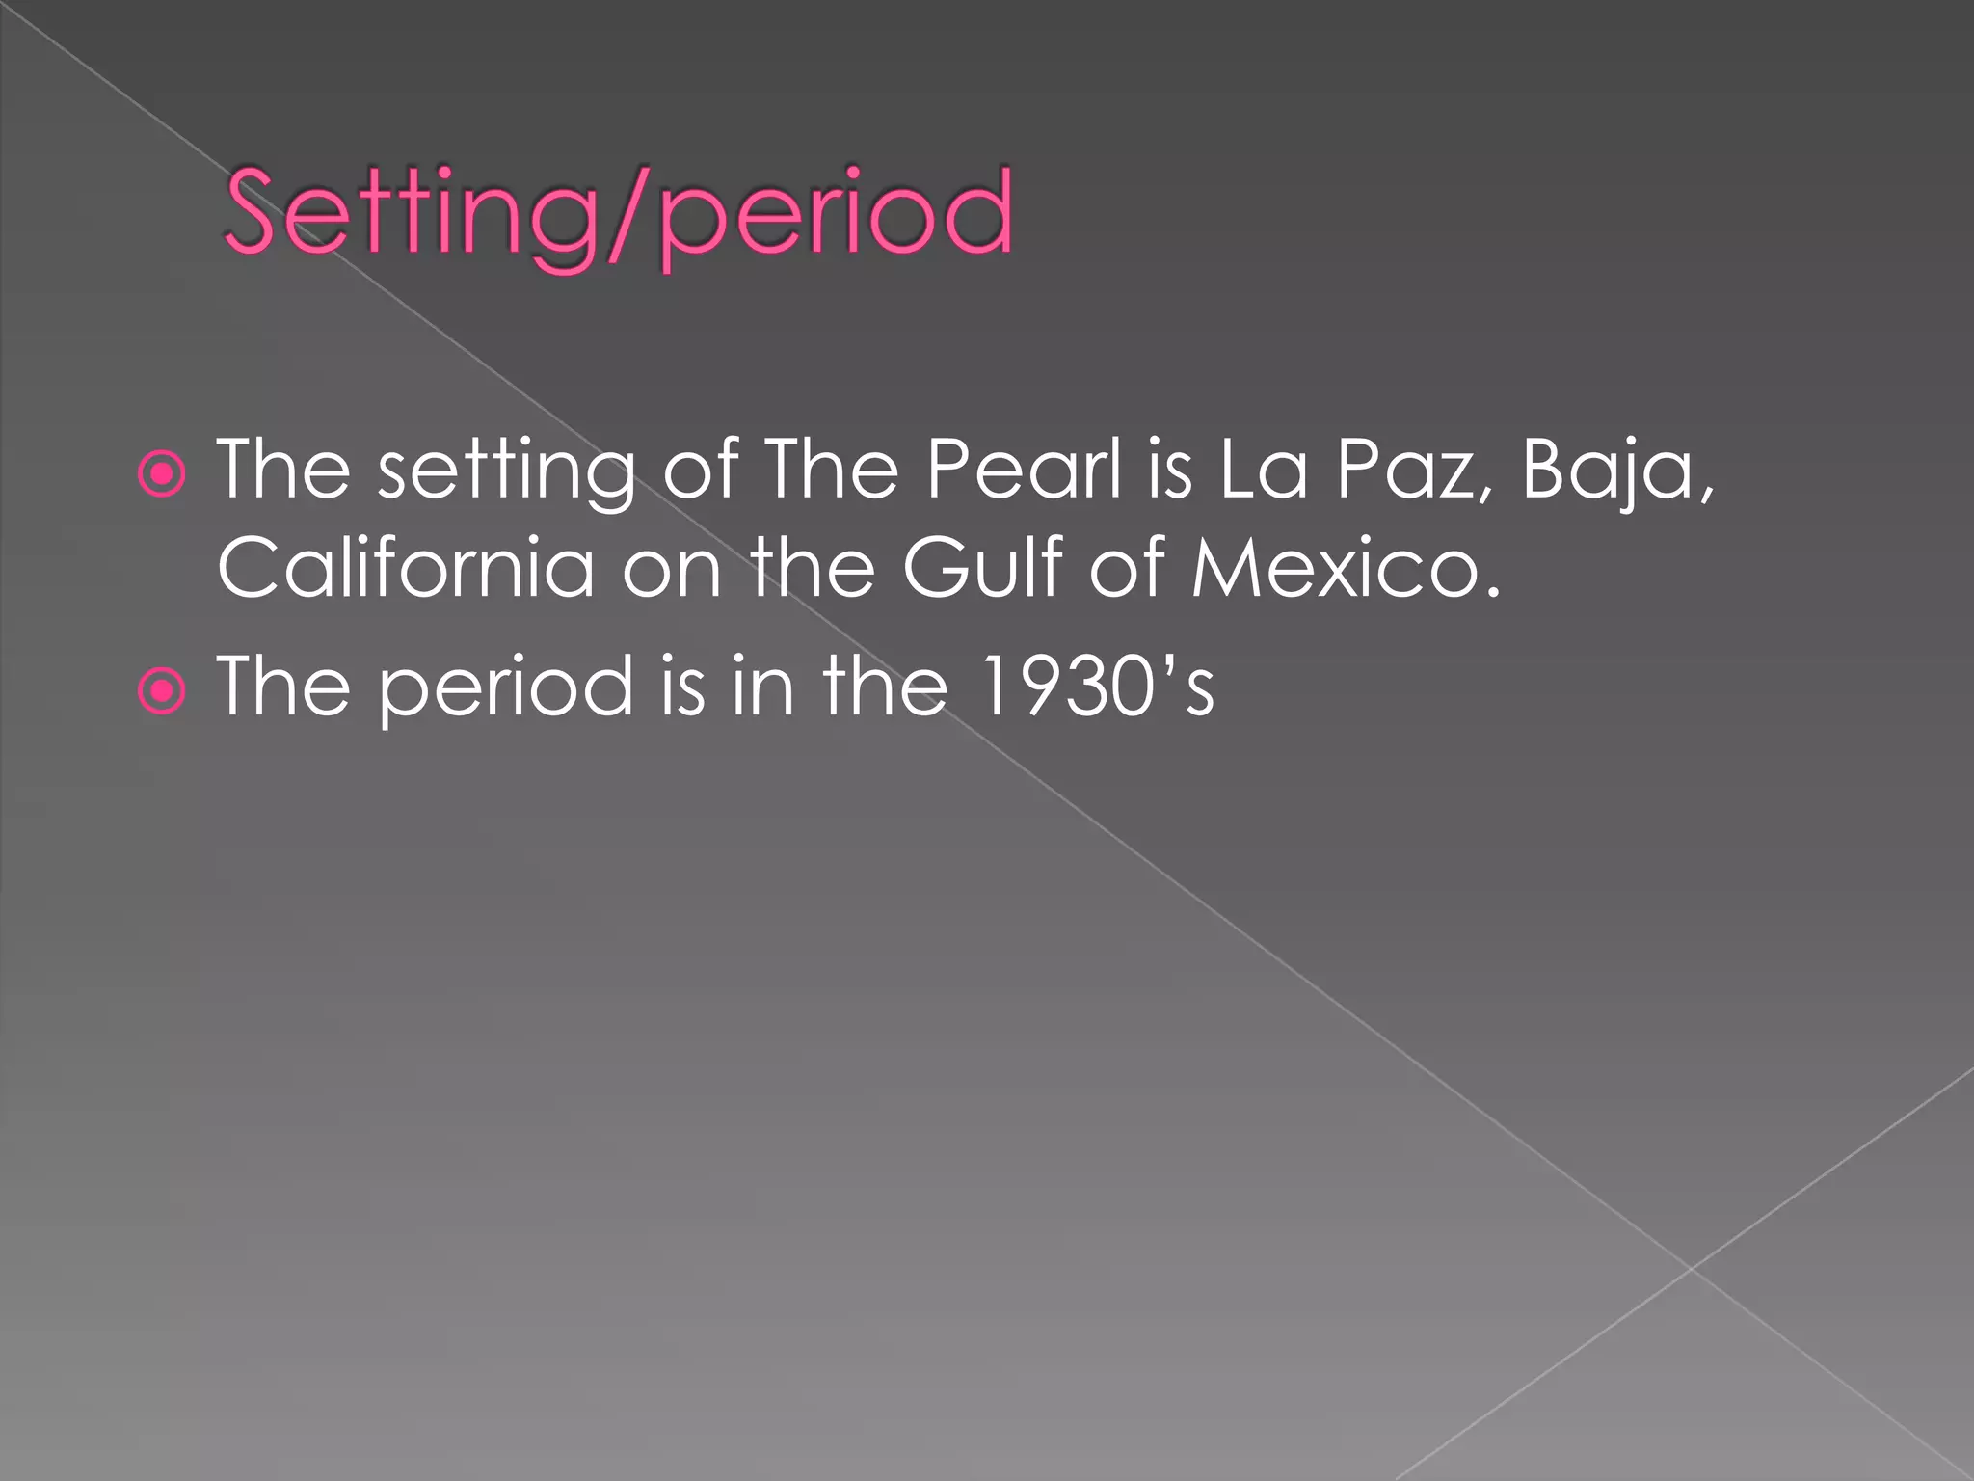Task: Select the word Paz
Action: click(1408, 470)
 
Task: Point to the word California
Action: click(406, 568)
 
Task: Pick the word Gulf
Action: click(984, 568)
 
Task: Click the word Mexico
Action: click(1346, 568)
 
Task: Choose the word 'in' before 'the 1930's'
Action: click(762, 687)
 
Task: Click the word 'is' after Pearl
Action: click(1169, 470)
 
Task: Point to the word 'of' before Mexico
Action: click(1128, 568)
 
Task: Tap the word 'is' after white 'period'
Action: click(682, 687)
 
